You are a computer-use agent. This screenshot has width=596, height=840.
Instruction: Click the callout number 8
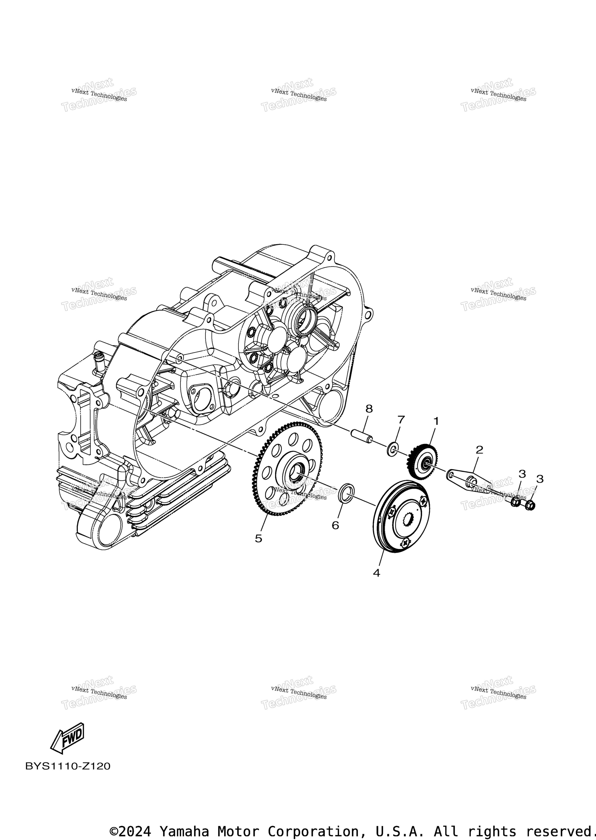(369, 409)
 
